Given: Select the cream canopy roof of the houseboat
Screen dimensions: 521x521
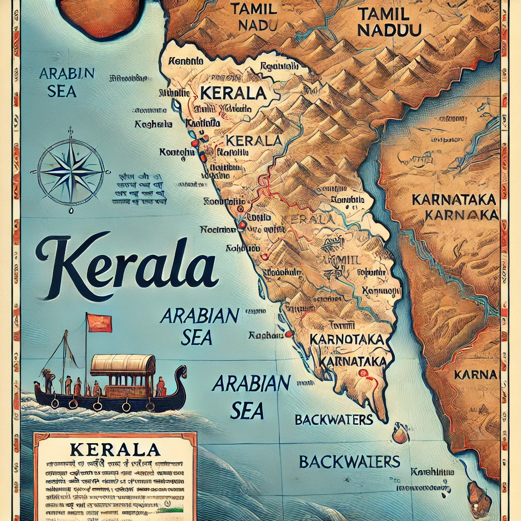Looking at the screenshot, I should pos(122,364).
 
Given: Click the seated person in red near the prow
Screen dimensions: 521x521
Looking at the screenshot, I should pos(161,387).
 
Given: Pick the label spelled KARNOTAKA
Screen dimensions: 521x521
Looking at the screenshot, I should pos(345,339).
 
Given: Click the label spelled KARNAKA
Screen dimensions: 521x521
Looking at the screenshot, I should pos(461,215).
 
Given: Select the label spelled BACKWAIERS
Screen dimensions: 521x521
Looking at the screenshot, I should pos(349,461).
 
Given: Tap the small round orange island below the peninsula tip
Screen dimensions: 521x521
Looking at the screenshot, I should pos(400,435).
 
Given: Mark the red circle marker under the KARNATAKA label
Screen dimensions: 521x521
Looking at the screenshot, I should pos(363,373).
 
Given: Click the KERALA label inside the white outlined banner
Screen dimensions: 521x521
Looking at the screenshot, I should pos(233,93).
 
